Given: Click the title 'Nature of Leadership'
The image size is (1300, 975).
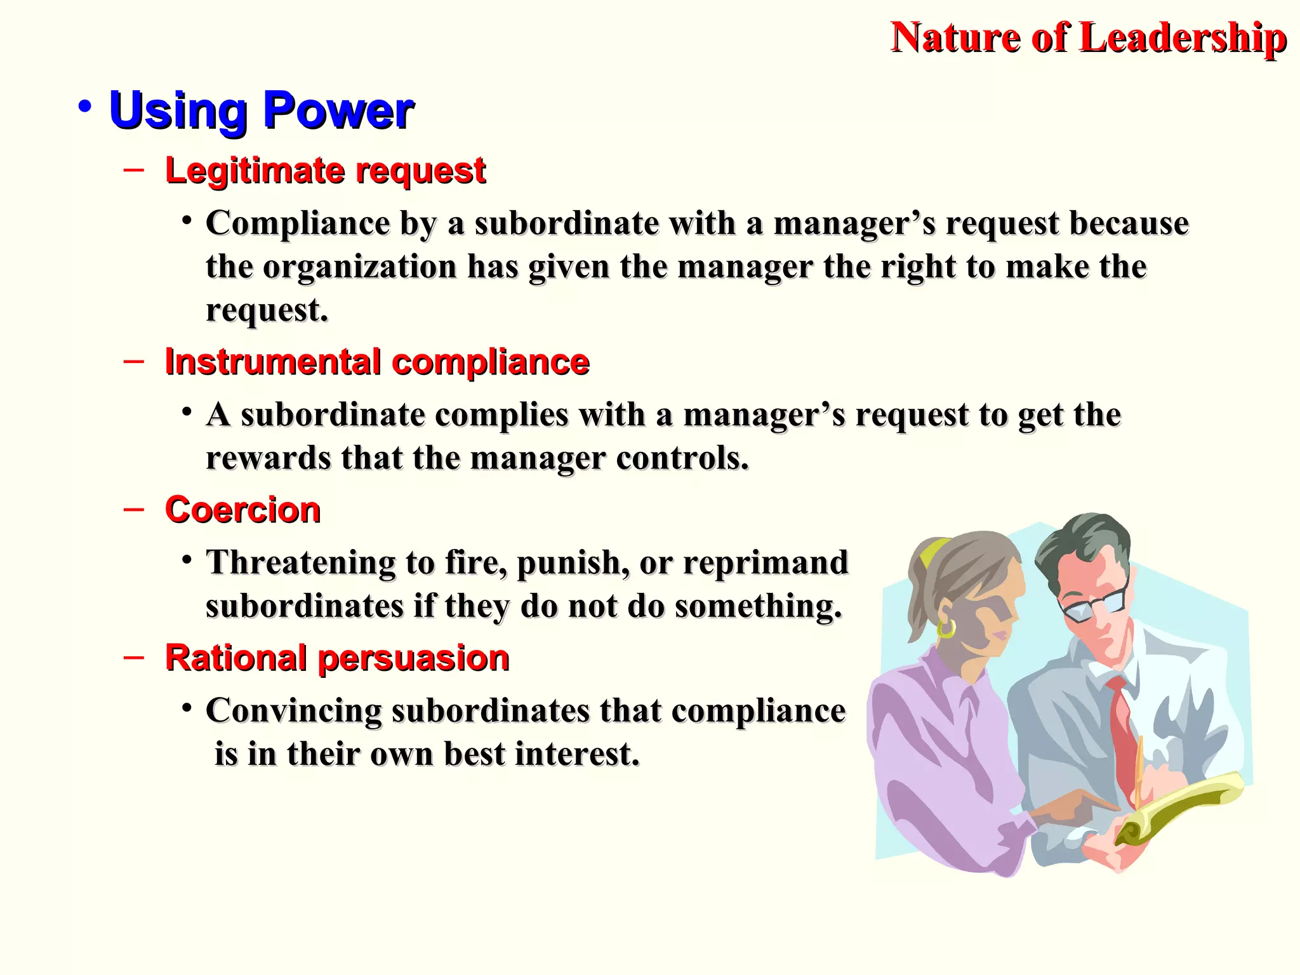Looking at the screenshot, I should pos(1088,38).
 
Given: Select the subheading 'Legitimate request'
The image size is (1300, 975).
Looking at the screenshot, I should pos(325,171).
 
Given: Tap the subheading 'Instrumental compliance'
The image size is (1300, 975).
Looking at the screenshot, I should pos(377,362).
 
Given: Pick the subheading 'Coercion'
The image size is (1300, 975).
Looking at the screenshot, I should pos(242,510).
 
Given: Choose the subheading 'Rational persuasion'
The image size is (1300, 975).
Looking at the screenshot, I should pos(337,658).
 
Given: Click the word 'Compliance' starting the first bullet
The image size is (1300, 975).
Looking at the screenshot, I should pos(297,223).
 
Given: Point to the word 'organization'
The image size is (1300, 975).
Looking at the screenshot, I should pos(359,267).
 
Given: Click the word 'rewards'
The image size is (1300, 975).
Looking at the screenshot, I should pos(268,458).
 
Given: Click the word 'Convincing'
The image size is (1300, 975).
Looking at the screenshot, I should pos(293,710).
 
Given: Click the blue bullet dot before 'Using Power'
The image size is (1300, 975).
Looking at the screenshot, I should pos(85,107).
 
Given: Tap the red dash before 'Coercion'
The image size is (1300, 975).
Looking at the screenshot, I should pos(134,509).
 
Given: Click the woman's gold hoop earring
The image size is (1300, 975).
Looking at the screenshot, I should pos(946,628).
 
